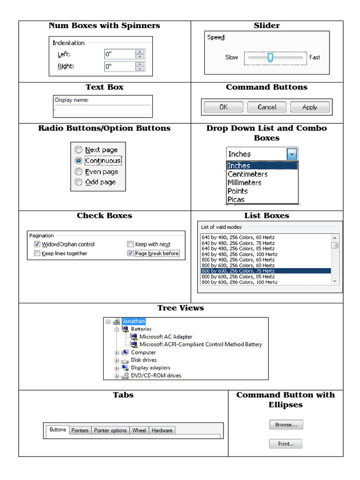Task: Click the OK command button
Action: click(223, 107)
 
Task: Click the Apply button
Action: click(309, 107)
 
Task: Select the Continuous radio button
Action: click(79, 161)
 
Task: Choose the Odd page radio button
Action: click(79, 182)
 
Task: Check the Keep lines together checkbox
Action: click(37, 254)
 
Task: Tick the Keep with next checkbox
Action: click(131, 244)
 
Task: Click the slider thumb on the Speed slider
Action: click(270, 57)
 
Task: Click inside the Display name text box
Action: click(102, 110)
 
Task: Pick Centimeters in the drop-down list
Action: click(247, 174)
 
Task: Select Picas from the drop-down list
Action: click(236, 199)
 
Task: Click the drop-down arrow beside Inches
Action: click(292, 154)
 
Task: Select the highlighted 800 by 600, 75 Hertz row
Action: click(265, 271)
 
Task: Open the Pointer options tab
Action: click(110, 430)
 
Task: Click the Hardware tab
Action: click(162, 430)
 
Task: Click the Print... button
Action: click(285, 443)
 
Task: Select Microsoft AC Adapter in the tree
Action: click(165, 337)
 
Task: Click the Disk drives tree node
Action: click(143, 360)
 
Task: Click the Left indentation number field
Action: click(120, 54)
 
